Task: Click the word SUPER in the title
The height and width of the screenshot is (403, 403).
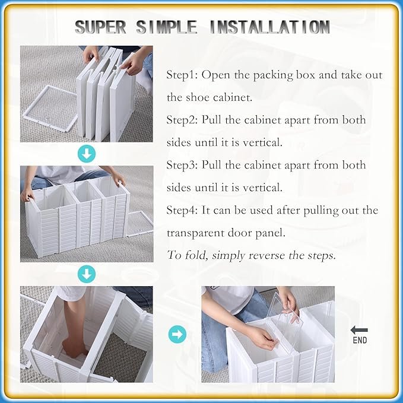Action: pyautogui.click(x=100, y=27)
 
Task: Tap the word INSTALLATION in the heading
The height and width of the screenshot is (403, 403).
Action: pyautogui.click(x=270, y=27)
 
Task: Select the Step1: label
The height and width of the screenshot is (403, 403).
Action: pyautogui.click(x=182, y=75)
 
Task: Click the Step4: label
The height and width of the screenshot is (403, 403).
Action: pyautogui.click(x=182, y=210)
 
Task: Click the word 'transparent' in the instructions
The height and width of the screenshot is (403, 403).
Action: pyautogui.click(x=195, y=233)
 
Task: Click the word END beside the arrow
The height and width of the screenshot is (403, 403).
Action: pyautogui.click(x=360, y=340)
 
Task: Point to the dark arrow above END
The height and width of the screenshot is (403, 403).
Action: pyautogui.click(x=359, y=330)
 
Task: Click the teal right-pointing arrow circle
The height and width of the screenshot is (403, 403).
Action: pyautogui.click(x=177, y=334)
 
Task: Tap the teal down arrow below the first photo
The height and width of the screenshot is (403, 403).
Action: pyautogui.click(x=87, y=154)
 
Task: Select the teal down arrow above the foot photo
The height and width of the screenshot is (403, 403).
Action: pyautogui.click(x=87, y=274)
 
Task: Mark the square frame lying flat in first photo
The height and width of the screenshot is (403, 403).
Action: pyautogui.click(x=50, y=109)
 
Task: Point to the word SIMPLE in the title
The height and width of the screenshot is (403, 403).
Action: pyautogui.click(x=167, y=27)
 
